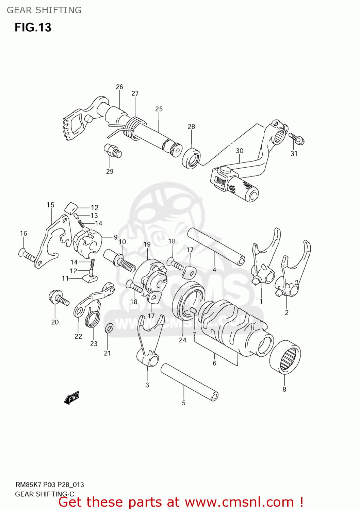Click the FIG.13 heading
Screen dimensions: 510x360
pos(33,27)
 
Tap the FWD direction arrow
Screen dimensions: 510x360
pos(72,397)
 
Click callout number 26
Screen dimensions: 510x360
pos(119,87)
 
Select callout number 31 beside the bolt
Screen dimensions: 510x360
pos(294,154)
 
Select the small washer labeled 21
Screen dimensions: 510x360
pos(109,328)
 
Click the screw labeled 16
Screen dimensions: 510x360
pos(27,255)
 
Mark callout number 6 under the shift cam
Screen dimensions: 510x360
pos(214,363)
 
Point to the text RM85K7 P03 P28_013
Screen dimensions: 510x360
pos(50,485)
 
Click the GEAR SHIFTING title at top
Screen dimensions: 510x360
pos(44,10)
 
